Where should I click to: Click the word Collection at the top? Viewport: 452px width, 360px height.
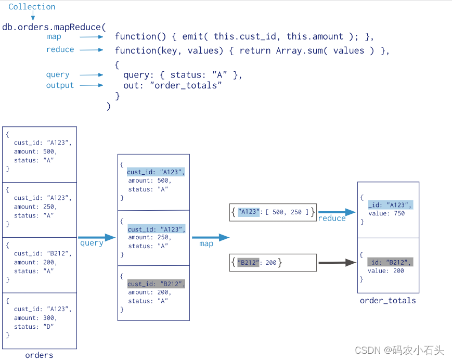tap(32, 7)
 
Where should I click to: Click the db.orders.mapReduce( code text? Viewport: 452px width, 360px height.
tap(54, 27)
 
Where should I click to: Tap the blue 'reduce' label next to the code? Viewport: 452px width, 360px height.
tap(60, 49)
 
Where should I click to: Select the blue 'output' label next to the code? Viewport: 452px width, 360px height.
tap(60, 85)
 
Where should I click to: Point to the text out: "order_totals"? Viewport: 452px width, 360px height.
tap(173, 85)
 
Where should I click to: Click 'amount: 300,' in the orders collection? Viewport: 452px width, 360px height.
tap(35, 318)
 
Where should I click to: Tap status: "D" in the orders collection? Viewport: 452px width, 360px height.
tap(34, 327)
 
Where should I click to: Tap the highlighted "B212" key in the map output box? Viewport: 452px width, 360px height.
tap(248, 263)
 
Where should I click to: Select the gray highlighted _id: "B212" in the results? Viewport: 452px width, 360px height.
tap(390, 262)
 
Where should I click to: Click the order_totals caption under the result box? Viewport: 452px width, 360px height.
tap(388, 300)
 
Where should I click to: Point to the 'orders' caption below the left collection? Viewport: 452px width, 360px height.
tap(39, 355)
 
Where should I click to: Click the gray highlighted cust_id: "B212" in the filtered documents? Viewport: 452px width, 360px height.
tap(156, 284)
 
